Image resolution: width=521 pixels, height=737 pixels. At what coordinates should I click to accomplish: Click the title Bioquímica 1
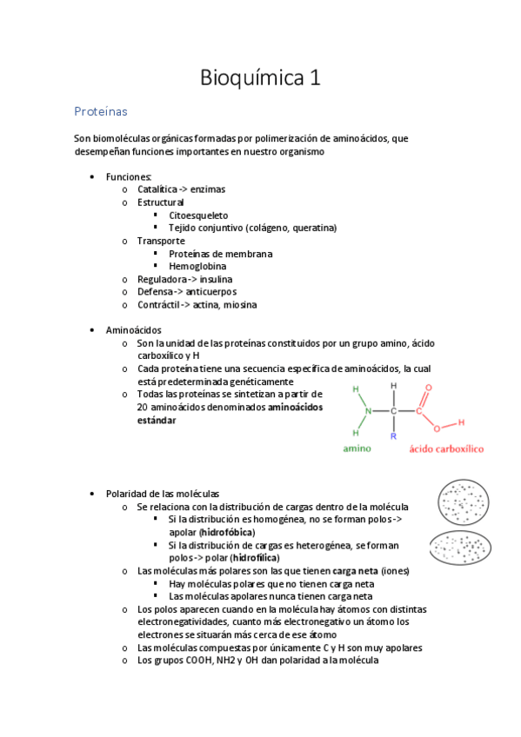(260, 78)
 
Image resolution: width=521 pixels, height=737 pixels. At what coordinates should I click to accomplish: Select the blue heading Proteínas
(101, 112)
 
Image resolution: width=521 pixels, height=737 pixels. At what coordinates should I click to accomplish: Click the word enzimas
(211, 189)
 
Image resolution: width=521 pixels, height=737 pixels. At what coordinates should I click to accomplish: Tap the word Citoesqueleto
(198, 215)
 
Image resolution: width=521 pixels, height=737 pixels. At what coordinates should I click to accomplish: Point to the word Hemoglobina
(197, 266)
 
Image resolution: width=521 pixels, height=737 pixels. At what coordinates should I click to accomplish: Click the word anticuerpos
(210, 292)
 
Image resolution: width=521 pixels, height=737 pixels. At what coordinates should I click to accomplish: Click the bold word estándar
(157, 420)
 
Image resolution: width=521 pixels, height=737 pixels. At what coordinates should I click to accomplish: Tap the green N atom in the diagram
(368, 411)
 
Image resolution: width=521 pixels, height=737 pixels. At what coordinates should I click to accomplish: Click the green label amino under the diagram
(357, 449)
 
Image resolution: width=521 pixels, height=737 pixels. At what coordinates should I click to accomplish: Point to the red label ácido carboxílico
(446, 449)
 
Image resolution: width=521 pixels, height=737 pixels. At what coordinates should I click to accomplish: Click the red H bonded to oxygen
(461, 423)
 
